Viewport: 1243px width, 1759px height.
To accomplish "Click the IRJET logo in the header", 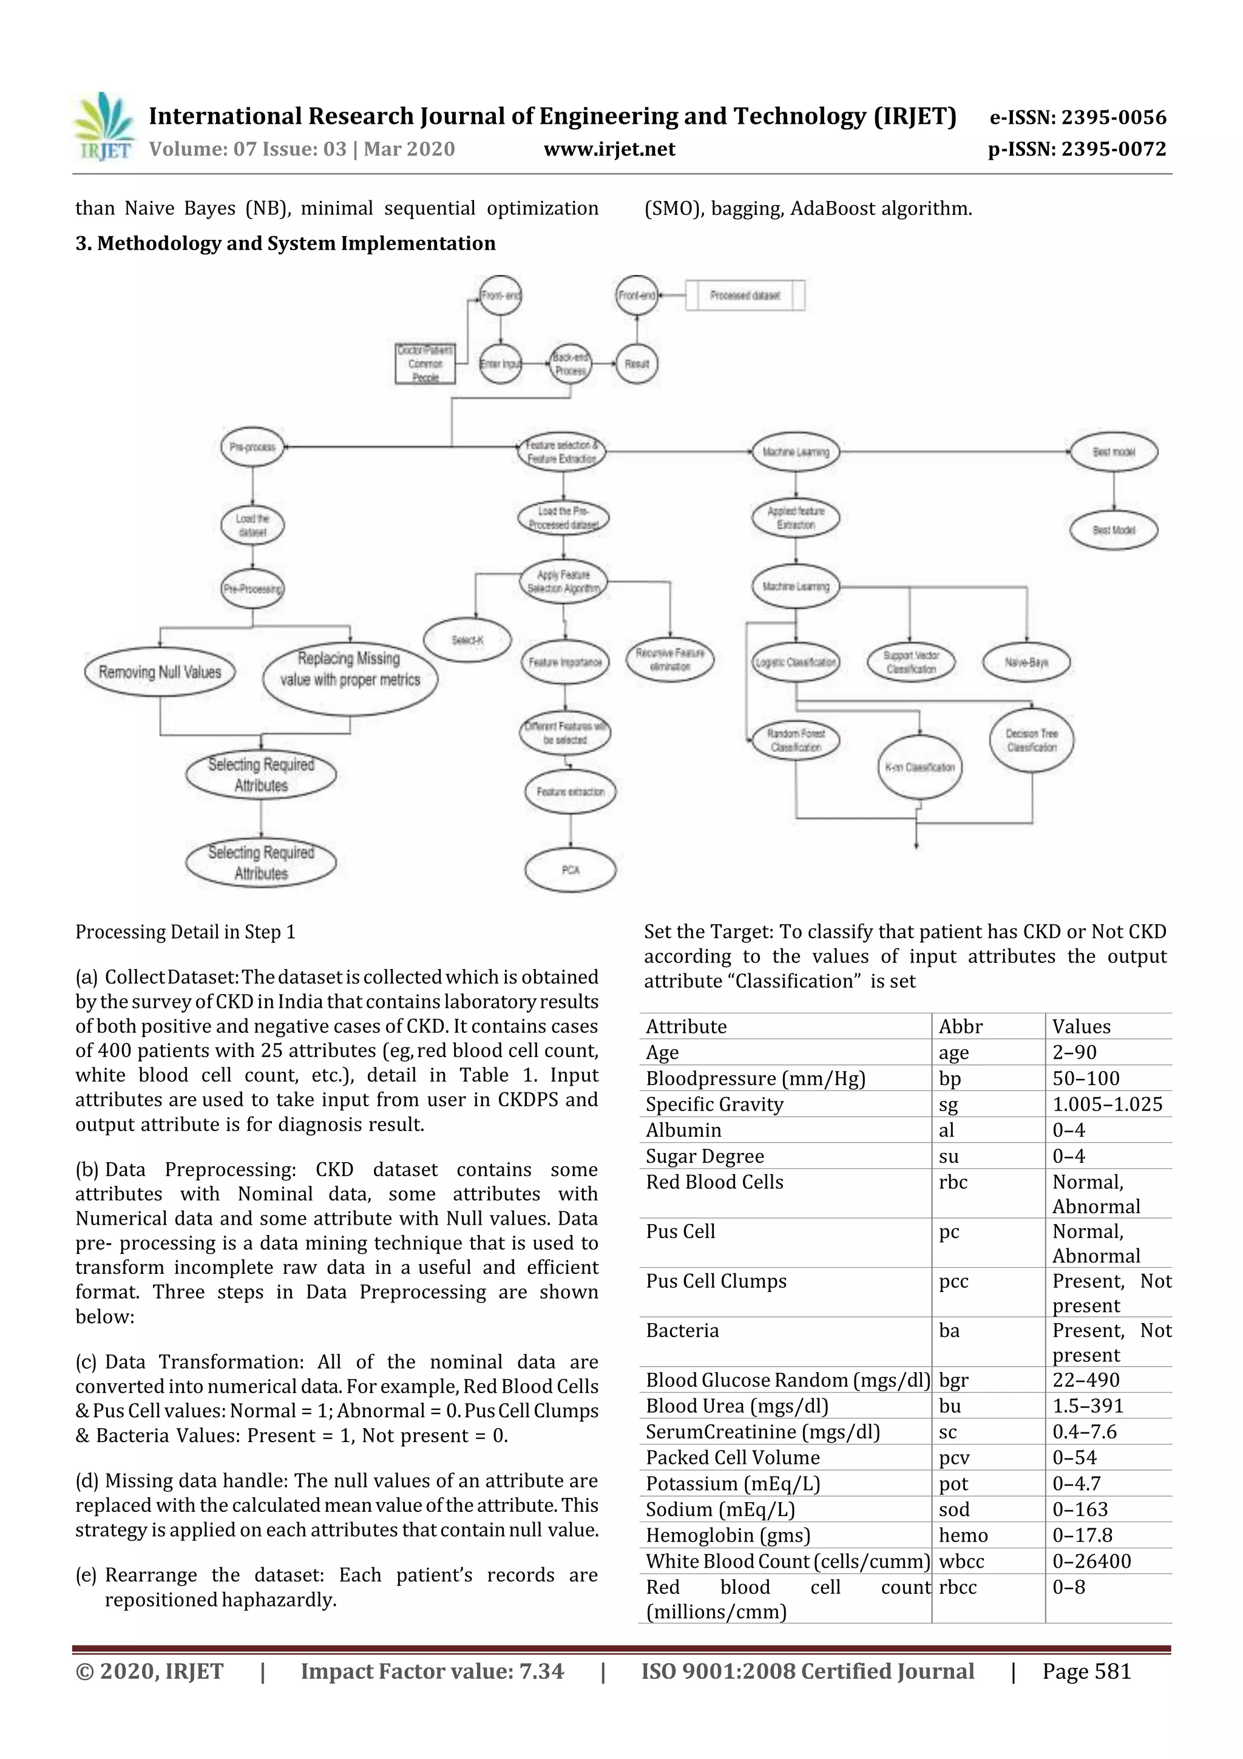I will coord(104,126).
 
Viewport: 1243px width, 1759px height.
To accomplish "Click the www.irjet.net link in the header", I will coord(609,149).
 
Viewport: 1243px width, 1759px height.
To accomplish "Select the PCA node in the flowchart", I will coord(570,870).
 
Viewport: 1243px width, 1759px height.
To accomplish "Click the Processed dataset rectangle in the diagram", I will coord(745,295).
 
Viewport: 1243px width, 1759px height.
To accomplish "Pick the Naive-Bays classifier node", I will coord(1026,662).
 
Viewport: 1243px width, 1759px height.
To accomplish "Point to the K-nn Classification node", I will coord(919,767).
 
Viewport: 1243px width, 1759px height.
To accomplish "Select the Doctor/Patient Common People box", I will coord(425,364).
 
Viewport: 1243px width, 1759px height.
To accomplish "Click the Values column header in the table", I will coord(1080,1027).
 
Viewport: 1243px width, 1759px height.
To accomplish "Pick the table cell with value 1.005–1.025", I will coord(1106,1104).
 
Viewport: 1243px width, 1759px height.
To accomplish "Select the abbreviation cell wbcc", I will coord(961,1561).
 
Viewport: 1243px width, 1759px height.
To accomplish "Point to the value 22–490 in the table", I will coord(1085,1380).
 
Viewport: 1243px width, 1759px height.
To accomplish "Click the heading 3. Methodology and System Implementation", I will coord(285,243).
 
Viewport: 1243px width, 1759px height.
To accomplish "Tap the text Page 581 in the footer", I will coord(1086,1671).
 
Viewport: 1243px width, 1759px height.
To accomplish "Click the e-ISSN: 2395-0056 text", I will coord(1077,117).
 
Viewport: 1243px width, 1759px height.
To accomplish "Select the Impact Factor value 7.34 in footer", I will coord(432,1671).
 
